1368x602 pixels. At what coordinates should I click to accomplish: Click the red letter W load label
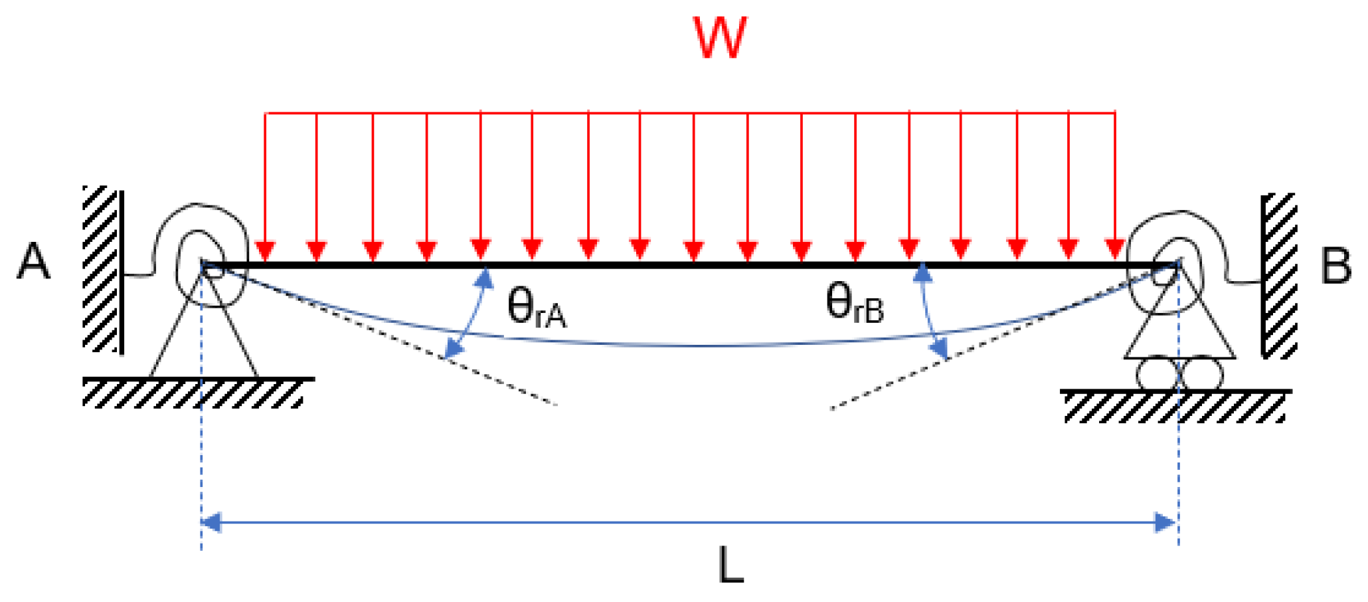tap(720, 39)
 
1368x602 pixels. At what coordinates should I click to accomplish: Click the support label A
tap(33, 262)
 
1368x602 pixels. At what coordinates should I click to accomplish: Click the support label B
tap(1336, 266)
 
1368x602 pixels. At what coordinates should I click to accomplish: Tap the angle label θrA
tap(537, 308)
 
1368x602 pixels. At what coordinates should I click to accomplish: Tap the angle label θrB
tap(855, 303)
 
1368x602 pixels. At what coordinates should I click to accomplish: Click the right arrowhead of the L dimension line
tap(1167, 523)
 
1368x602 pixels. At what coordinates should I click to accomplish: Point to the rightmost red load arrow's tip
tap(1115, 252)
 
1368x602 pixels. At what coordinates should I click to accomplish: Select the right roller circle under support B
tap(1201, 373)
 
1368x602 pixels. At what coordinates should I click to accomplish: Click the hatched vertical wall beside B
tap(1279, 276)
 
